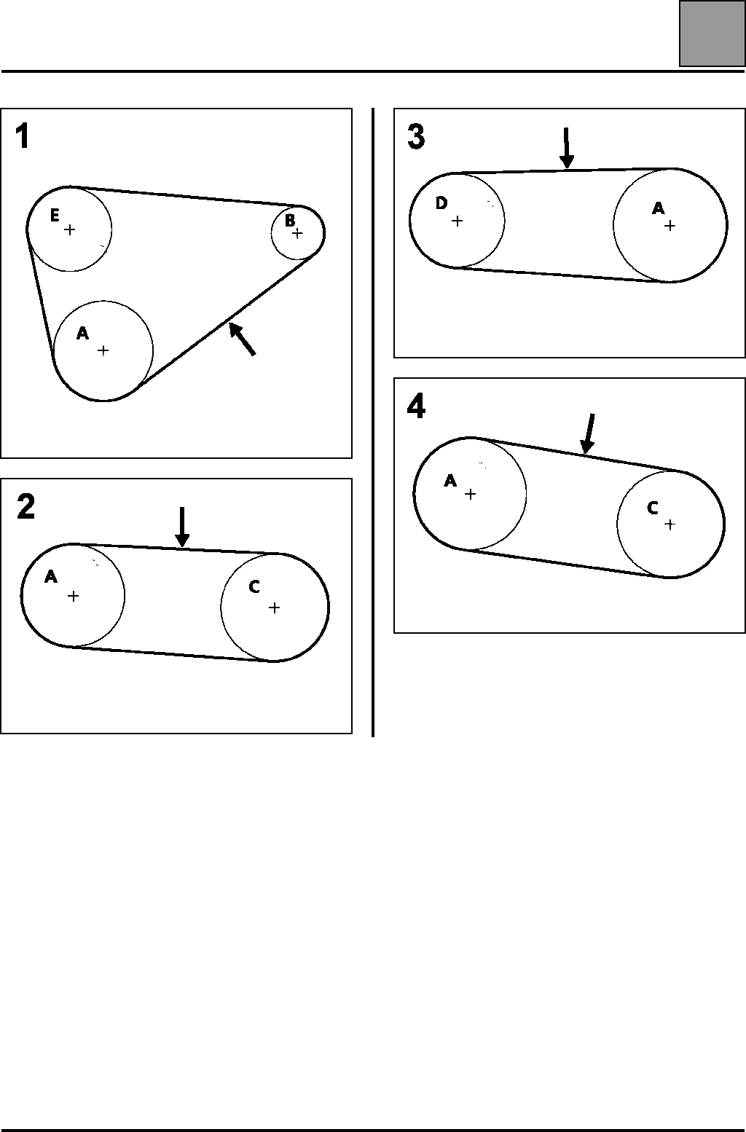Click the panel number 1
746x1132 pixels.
tap(23, 136)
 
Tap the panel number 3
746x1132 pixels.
tap(416, 136)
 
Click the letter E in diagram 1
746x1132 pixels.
tap(55, 215)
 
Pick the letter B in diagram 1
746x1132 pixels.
tap(289, 219)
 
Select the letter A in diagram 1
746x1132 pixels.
tap(83, 334)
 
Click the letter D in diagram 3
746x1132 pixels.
tap(441, 203)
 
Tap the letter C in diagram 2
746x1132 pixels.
tap(254, 587)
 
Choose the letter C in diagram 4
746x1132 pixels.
tap(653, 508)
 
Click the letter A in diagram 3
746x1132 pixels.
tap(658, 209)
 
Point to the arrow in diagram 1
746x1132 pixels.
tap(242, 339)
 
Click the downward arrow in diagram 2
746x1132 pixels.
tap(182, 527)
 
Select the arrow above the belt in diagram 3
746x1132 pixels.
tap(568, 148)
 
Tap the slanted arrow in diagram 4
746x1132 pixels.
tap(589, 433)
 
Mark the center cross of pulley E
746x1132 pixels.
tap(69, 229)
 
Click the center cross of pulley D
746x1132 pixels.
tap(457, 221)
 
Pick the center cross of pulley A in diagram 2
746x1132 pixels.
tap(73, 597)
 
